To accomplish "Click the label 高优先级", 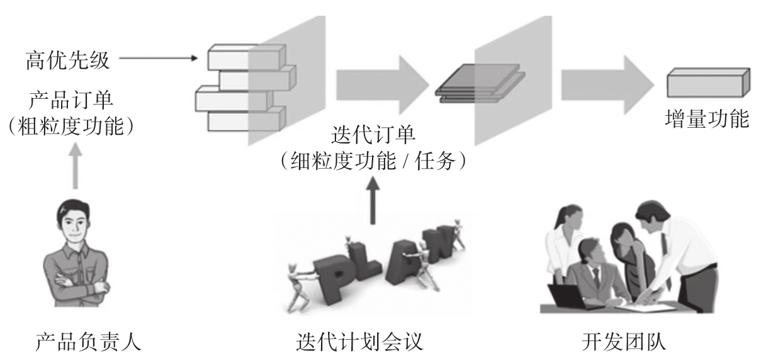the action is click(67, 61).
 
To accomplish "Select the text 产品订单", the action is click(70, 100).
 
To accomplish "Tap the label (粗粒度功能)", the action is click(70, 127).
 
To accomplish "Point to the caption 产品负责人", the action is click(88, 341).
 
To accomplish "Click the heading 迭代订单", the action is click(373, 135).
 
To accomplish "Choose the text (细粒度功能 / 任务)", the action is click(373, 160).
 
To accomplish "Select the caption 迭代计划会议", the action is click(359, 341).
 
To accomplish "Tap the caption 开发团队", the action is click(624, 341).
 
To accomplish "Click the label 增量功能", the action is click(707, 119).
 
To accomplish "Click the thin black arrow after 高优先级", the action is click(159, 58).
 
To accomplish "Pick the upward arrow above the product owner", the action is click(76, 166).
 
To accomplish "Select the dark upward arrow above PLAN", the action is click(373, 200).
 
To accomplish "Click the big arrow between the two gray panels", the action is click(383, 85).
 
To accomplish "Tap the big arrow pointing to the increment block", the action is click(608, 85).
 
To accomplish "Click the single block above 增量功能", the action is click(709, 82).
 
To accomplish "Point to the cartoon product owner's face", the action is click(73, 225).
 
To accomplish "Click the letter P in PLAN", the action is click(334, 278).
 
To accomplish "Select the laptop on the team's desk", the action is click(568, 296).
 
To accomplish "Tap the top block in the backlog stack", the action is click(247, 57).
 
